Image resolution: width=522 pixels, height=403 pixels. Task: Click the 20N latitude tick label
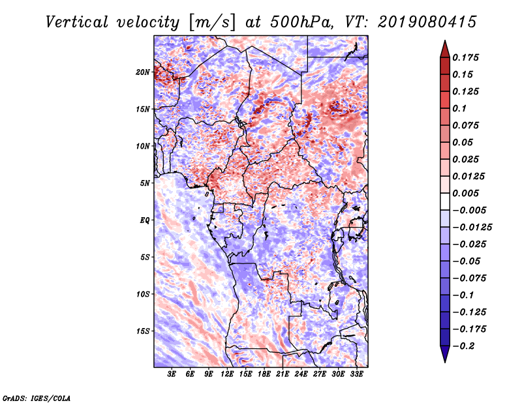(x=143, y=72)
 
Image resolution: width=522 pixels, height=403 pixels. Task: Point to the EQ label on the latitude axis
(x=144, y=220)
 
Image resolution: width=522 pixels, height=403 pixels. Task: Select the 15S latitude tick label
(x=143, y=331)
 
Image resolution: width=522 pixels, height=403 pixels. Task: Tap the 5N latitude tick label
(x=145, y=183)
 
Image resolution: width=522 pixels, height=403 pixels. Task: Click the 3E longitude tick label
(x=172, y=374)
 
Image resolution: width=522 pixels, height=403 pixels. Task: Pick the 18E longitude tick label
(x=264, y=374)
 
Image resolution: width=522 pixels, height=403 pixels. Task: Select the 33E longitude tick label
(x=356, y=374)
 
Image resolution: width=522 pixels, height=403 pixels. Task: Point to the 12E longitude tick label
(x=227, y=374)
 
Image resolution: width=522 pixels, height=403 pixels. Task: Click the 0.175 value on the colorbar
(x=465, y=57)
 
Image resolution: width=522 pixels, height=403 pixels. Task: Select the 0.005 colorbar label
(x=465, y=193)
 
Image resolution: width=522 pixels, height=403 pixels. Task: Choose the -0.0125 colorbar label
(x=472, y=228)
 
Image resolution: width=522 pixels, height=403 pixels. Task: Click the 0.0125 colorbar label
(x=468, y=176)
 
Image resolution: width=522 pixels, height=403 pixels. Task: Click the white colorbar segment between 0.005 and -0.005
(x=445, y=201)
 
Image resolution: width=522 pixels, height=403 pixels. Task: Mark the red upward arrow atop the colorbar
(x=445, y=49)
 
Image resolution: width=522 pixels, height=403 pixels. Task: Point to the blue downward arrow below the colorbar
(x=445, y=354)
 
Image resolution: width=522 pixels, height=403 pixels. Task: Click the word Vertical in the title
(x=77, y=22)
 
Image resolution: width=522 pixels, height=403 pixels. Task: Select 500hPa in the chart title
(x=301, y=22)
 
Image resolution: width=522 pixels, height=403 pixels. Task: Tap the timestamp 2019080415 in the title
(x=427, y=22)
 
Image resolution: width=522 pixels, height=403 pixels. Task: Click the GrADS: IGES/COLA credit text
(x=37, y=398)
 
